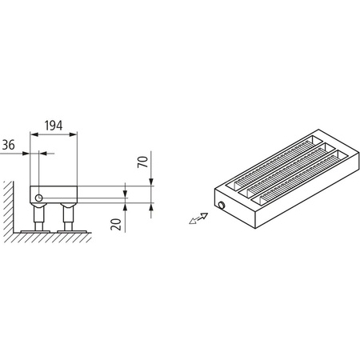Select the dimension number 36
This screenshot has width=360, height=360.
tap(9, 144)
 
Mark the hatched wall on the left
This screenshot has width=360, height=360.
tap(7, 212)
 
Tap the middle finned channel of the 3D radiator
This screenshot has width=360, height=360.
tap(283, 168)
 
